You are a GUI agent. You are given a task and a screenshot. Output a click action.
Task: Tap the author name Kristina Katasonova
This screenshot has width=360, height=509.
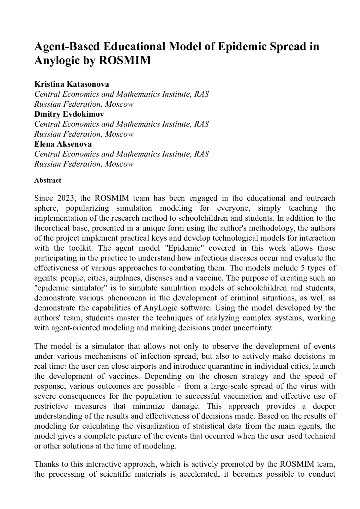(72, 84)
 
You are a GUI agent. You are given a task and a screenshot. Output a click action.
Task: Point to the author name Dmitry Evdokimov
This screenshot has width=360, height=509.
(69, 114)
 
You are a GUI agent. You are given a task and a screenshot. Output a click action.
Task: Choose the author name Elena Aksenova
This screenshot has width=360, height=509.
(63, 144)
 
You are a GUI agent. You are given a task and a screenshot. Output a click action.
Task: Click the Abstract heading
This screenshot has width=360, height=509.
(48, 180)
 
